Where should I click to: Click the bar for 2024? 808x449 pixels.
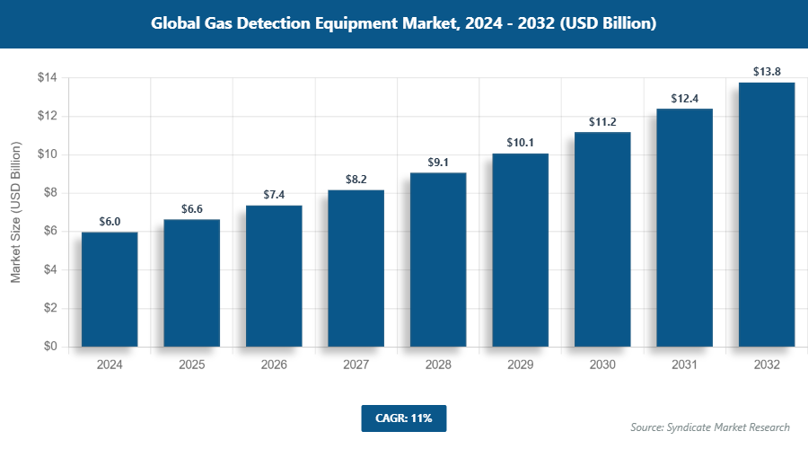click(110, 289)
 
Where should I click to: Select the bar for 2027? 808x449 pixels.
click(356, 268)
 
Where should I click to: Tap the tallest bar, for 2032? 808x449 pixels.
click(767, 214)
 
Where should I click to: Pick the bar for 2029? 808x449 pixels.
click(520, 250)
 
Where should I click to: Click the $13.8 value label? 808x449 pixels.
click(767, 70)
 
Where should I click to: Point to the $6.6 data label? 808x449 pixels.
click(191, 208)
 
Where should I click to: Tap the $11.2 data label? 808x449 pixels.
click(602, 120)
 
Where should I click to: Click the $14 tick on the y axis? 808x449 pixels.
click(47, 78)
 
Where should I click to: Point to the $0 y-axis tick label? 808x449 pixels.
click(50, 347)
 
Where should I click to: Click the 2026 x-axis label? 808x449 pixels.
click(274, 365)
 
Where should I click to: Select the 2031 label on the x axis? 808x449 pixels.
click(684, 365)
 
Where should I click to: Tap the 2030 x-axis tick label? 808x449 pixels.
click(602, 365)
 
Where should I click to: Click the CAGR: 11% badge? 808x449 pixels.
click(403, 418)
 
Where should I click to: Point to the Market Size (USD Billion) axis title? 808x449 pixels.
click(15, 213)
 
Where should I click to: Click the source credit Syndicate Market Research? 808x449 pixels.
click(709, 427)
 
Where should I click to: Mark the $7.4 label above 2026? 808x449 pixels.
click(274, 194)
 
